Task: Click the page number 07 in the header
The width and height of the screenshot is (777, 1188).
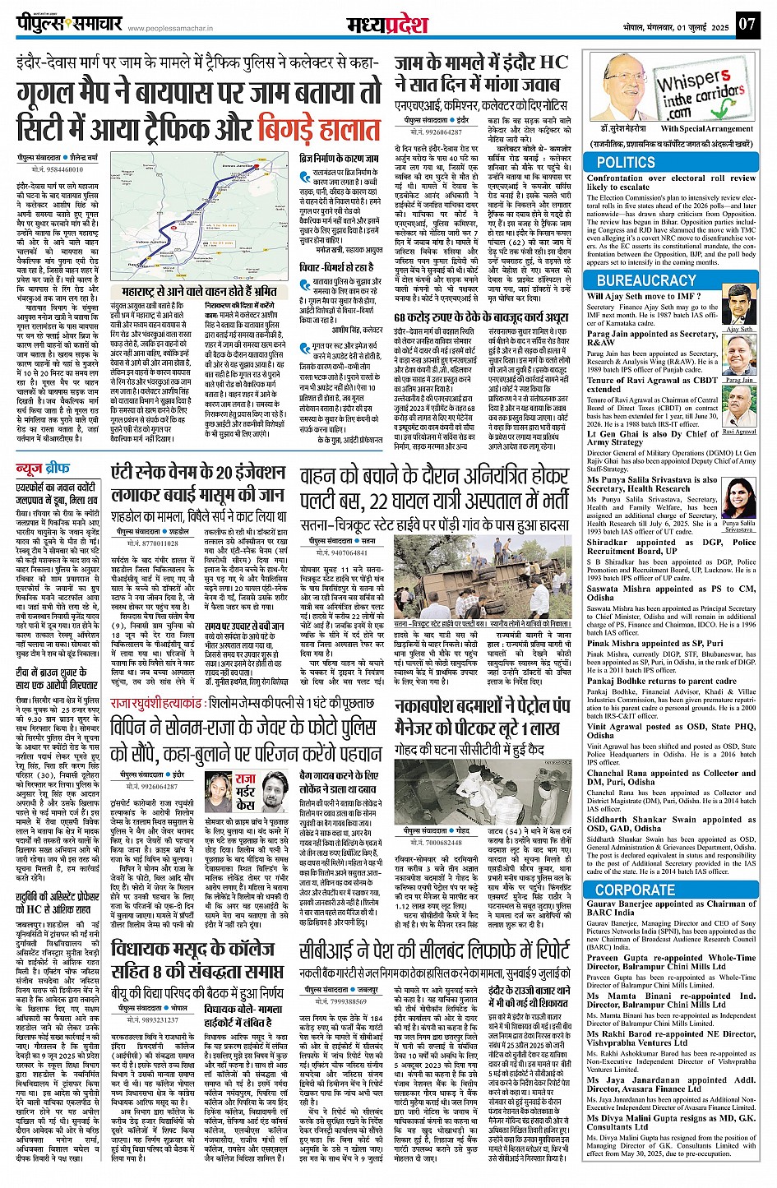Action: (746, 24)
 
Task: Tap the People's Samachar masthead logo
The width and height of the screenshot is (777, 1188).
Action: (71, 24)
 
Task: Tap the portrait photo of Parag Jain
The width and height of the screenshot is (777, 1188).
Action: (739, 355)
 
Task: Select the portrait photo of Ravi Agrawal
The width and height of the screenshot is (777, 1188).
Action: (739, 409)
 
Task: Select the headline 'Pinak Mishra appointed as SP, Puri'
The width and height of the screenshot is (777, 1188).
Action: (655, 644)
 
